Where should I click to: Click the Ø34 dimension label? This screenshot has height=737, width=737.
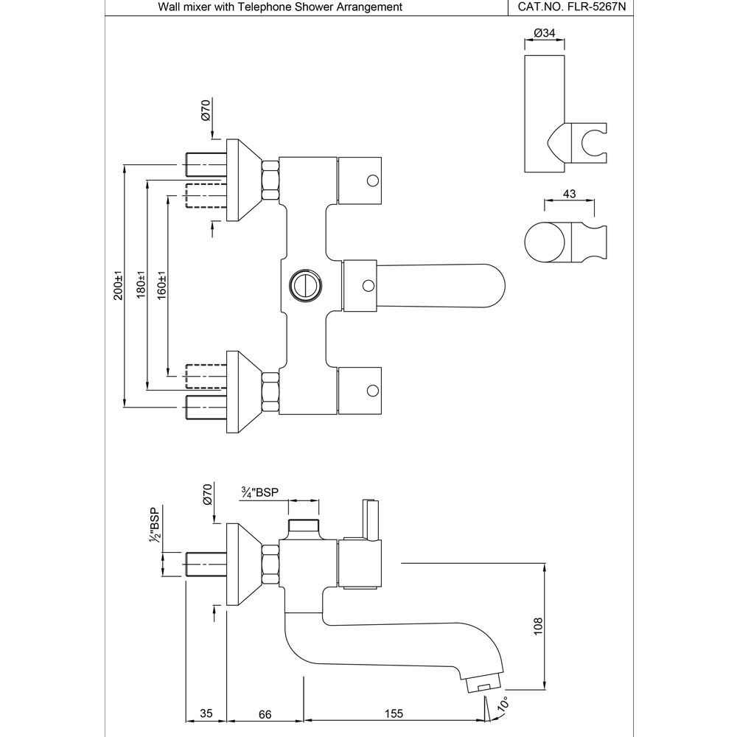coord(543,34)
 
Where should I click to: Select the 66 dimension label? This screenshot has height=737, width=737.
coord(265,713)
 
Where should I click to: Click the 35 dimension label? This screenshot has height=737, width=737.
coord(206,713)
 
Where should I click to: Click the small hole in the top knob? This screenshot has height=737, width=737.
coord(372,179)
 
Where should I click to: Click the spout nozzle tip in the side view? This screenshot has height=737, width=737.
coord(483,687)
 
